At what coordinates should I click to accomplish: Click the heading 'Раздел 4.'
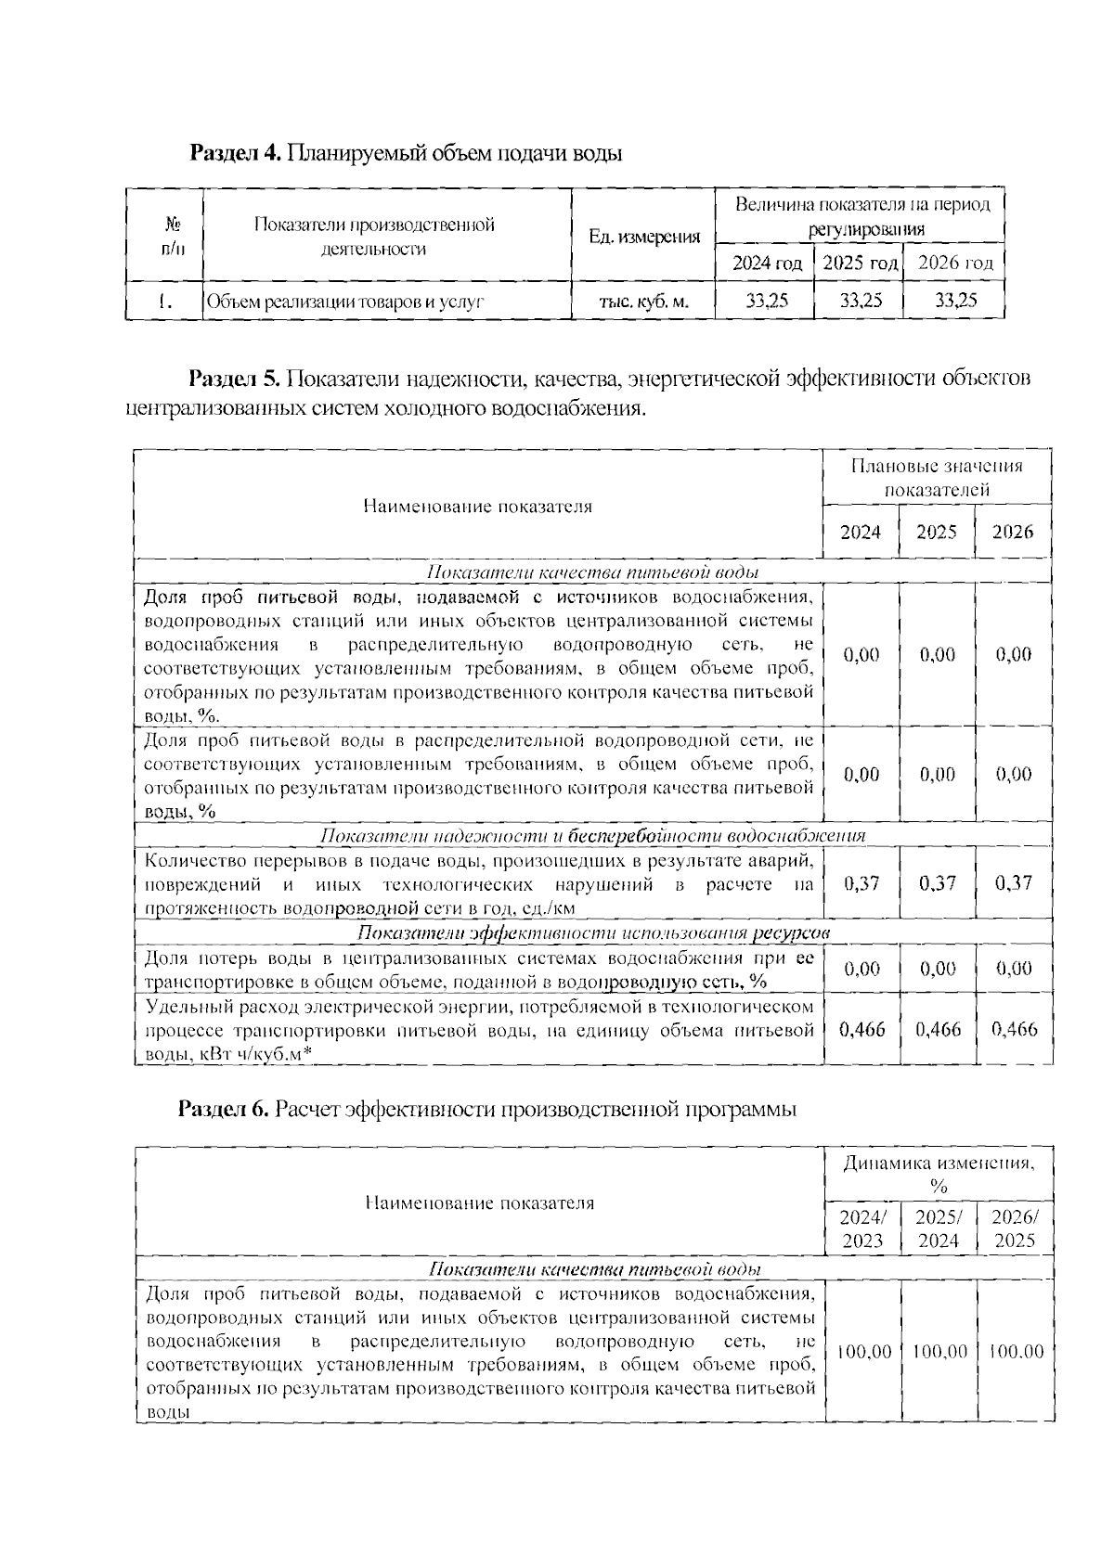pos(235,153)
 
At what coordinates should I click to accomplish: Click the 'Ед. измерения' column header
pos(644,237)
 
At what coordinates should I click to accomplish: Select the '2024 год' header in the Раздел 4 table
pos(766,264)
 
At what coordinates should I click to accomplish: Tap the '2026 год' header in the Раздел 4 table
pos(955,264)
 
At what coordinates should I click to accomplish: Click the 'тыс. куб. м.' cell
pos(644,301)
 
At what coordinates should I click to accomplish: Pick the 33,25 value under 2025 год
pos(861,301)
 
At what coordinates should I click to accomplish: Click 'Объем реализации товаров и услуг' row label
pos(345,302)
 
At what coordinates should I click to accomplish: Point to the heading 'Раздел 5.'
pos(234,379)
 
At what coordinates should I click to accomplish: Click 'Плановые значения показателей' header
pos(936,477)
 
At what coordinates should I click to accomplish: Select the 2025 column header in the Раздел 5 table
pos(936,533)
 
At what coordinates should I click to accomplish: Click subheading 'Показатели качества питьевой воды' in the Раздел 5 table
pos(592,572)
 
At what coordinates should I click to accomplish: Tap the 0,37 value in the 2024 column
pos(861,883)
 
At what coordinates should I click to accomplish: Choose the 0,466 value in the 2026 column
pos(1014,1029)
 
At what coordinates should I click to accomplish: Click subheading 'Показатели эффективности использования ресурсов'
pos(593,932)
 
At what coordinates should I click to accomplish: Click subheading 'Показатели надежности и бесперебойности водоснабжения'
pos(592,836)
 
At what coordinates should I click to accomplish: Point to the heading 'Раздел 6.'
pos(224,1110)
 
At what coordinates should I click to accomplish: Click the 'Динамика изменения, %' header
pos(938,1174)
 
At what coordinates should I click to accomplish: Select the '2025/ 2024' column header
pos(938,1229)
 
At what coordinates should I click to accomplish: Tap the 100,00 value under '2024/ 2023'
pos(863,1352)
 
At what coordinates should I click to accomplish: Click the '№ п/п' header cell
pos(172,237)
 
